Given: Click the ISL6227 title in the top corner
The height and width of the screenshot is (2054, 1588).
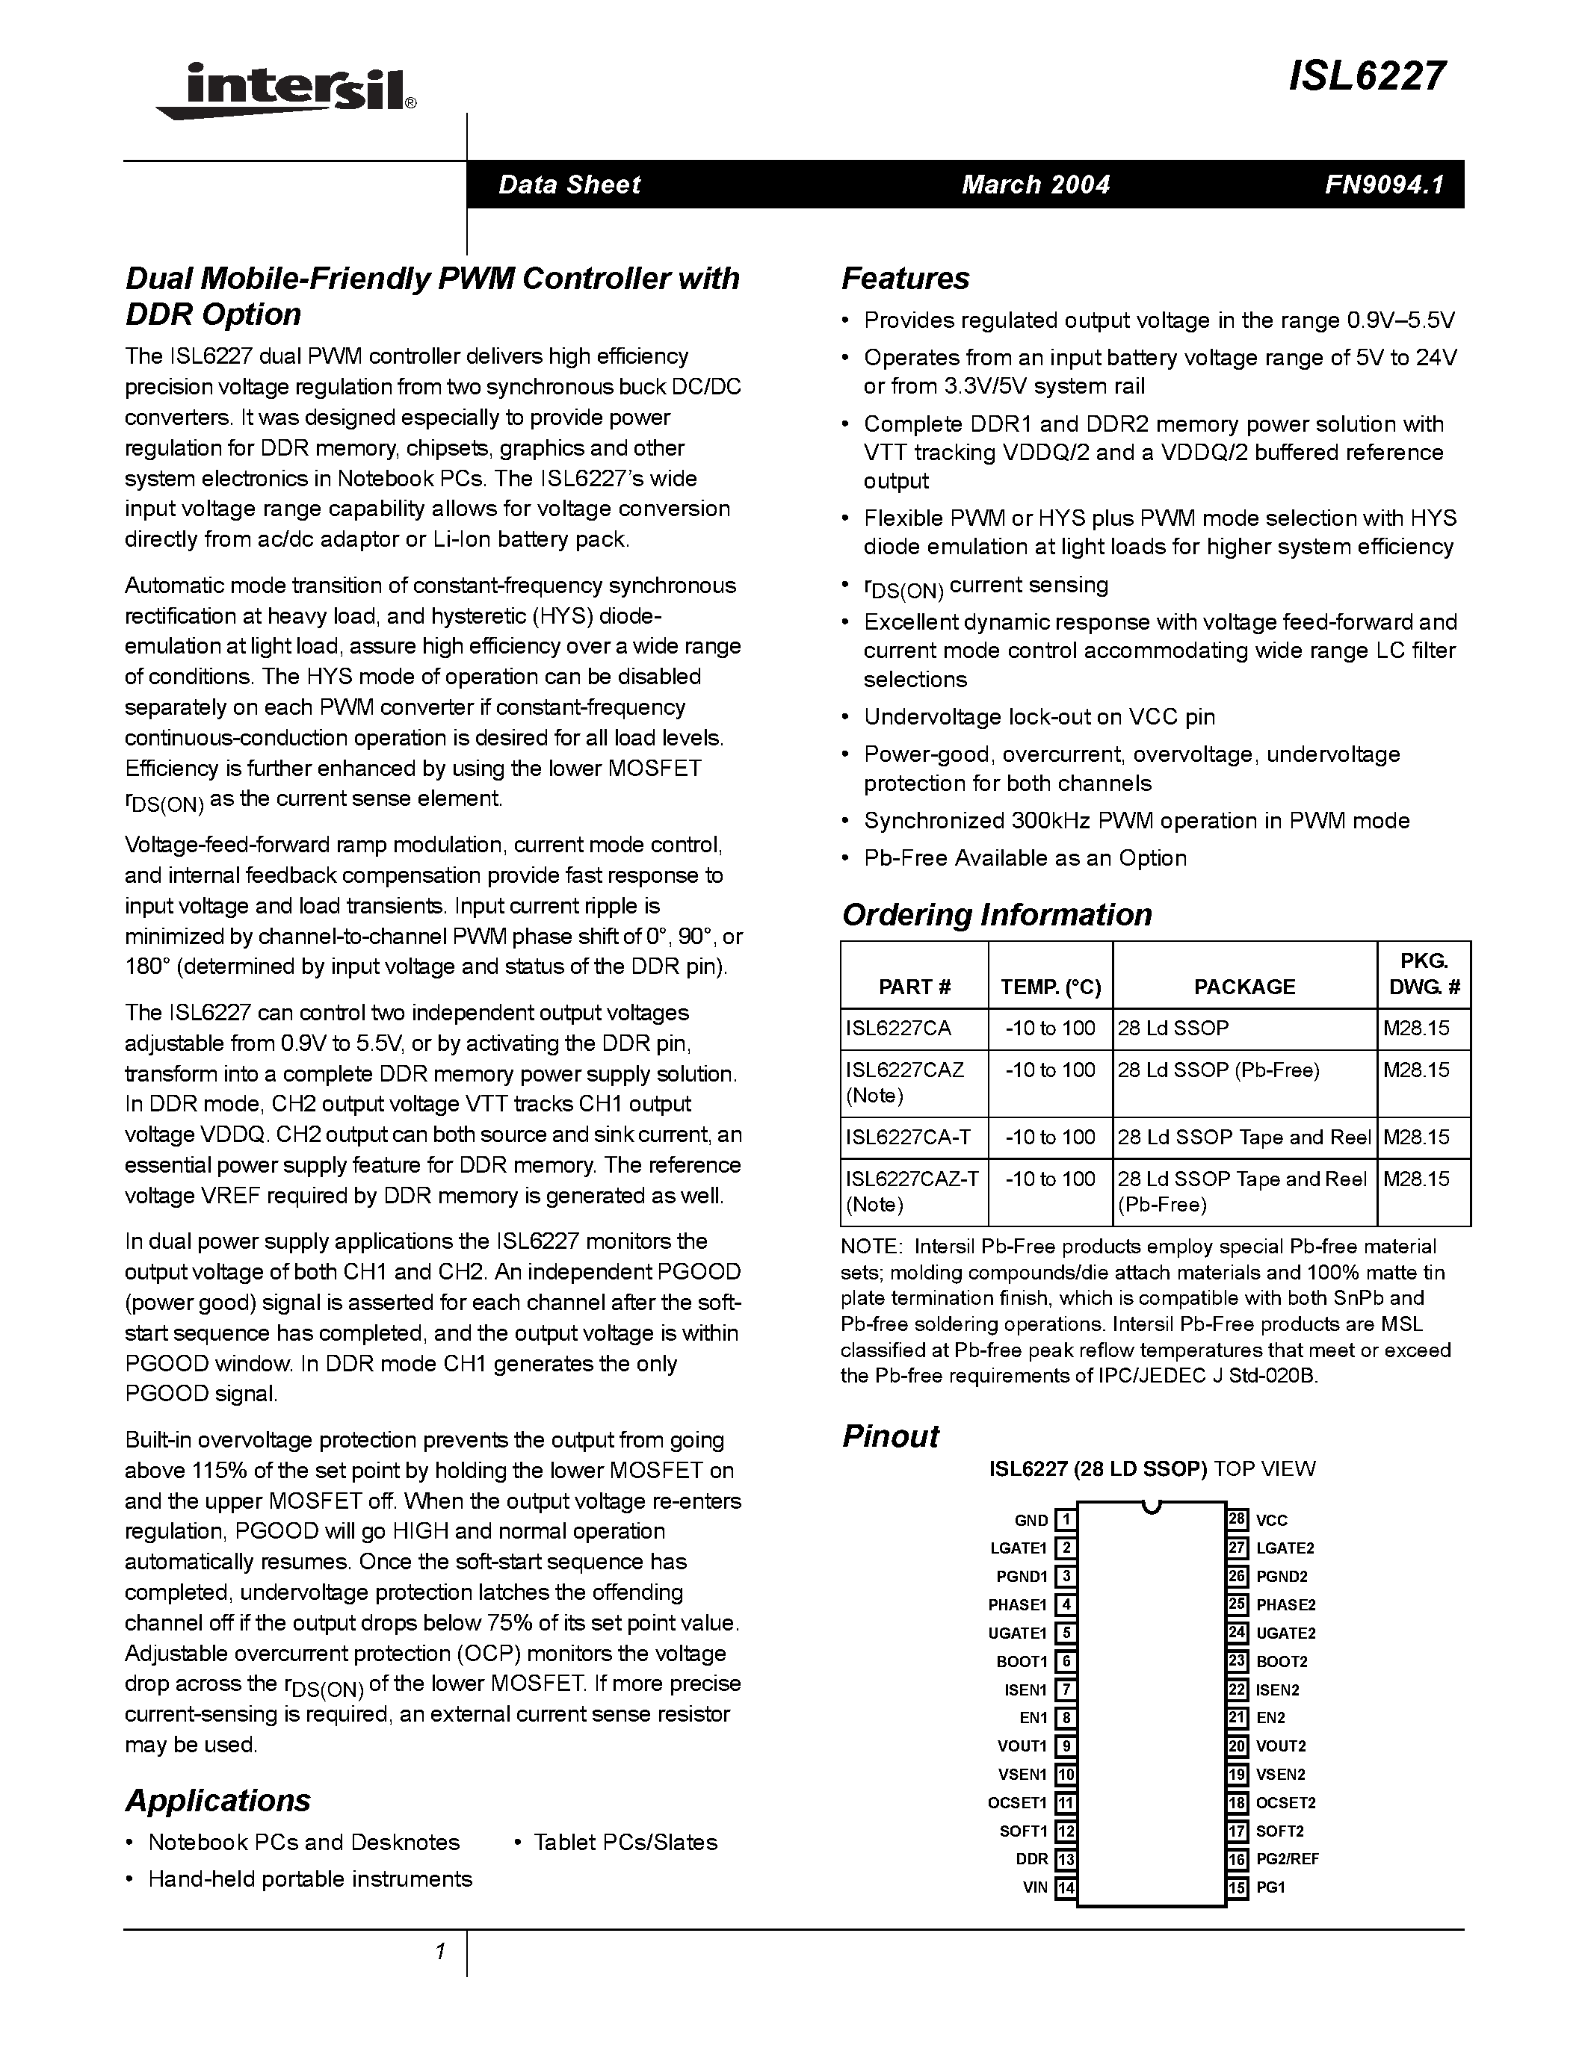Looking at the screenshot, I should tap(1366, 76).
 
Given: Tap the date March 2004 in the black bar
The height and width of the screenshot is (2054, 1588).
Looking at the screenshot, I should tap(1035, 184).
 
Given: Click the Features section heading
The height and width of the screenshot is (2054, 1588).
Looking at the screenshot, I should tap(905, 279).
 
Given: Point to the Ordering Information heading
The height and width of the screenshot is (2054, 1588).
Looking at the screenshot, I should tap(996, 914).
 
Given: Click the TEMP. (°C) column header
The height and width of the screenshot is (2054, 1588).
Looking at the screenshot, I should tap(1050, 987).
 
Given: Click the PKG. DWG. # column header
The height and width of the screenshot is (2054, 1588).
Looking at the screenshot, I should tap(1424, 974).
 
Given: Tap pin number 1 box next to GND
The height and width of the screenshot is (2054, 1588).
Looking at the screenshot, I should tap(1066, 1520).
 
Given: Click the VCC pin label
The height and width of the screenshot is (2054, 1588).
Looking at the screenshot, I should tap(1271, 1520).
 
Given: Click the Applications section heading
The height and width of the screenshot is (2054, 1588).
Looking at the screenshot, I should tap(217, 1800).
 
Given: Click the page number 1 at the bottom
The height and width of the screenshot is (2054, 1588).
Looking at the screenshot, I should tap(439, 1952).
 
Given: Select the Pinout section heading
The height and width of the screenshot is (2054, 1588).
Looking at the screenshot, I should tap(890, 1436).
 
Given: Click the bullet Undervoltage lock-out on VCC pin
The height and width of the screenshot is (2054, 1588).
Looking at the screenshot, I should tap(1039, 716).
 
